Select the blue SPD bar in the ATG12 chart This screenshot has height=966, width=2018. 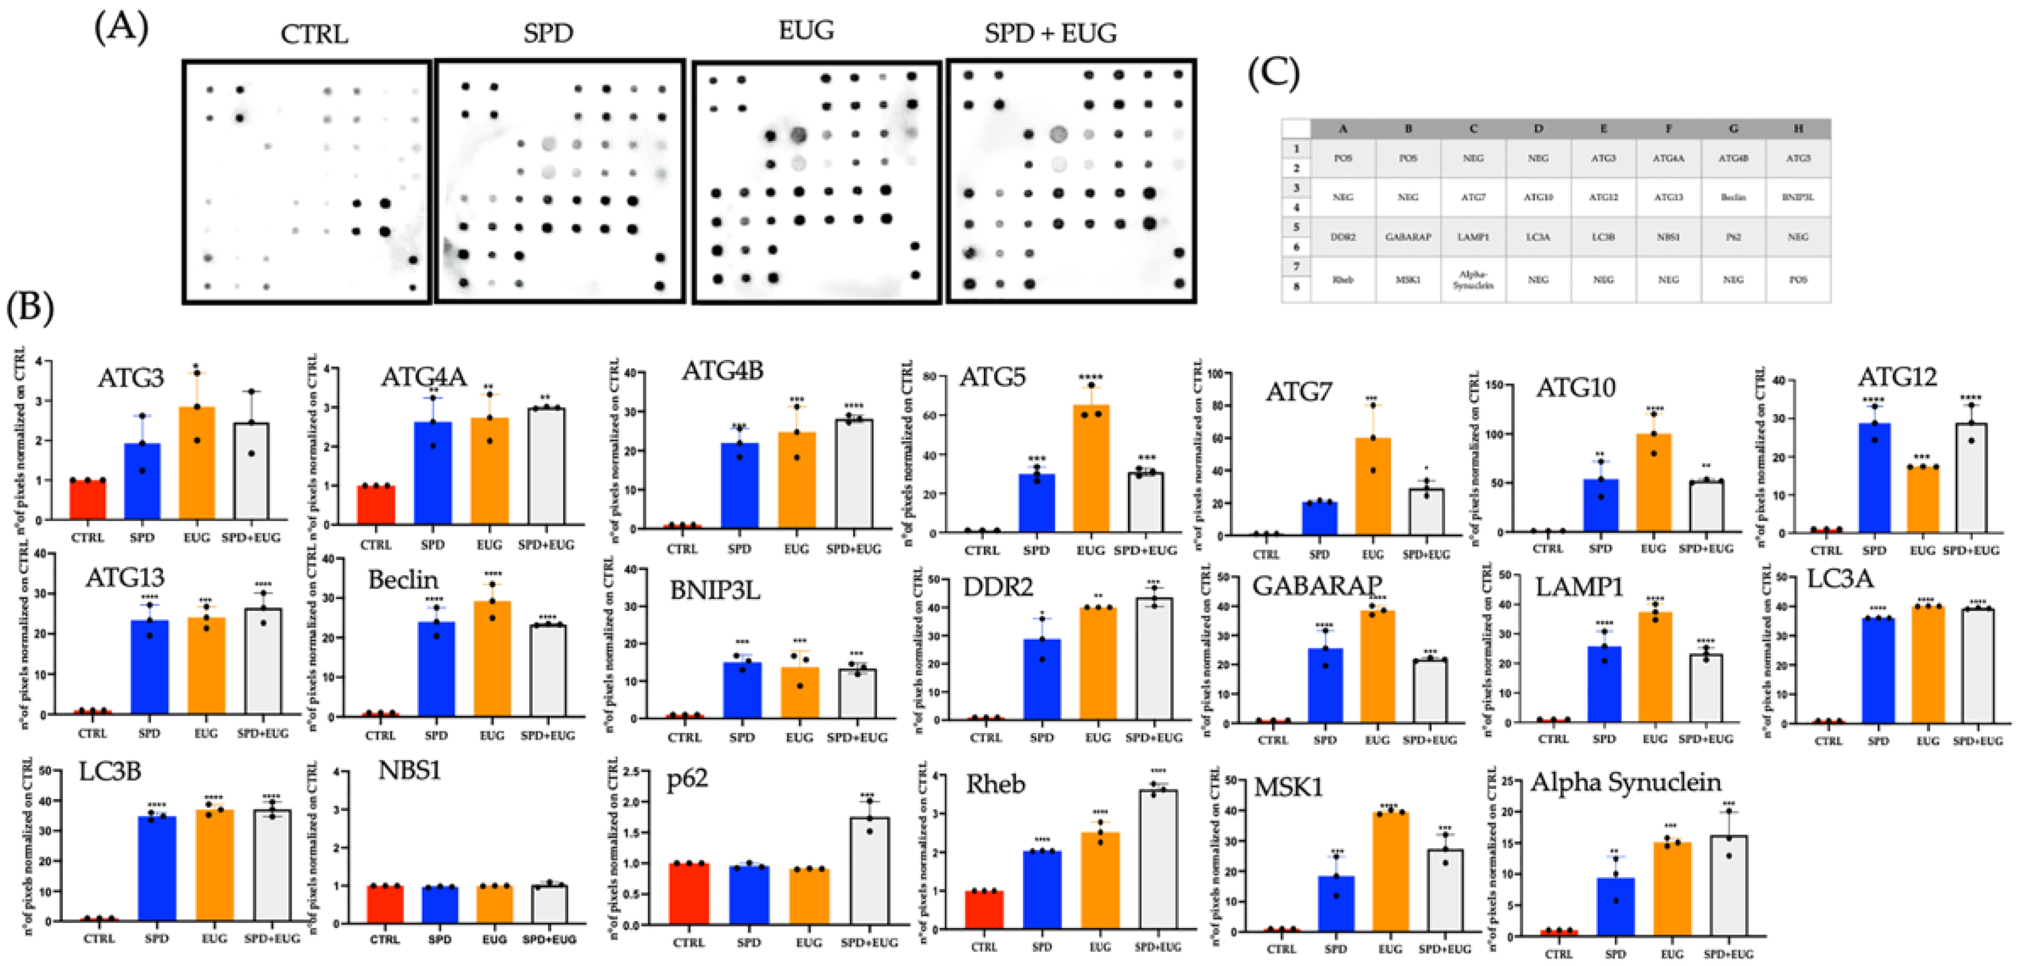[x=1874, y=478]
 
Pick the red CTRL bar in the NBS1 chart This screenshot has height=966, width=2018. [x=385, y=904]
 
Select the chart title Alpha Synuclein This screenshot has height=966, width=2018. [x=1626, y=782]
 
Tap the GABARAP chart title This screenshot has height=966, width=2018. [x=1317, y=585]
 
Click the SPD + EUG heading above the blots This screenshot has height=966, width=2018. [x=1050, y=33]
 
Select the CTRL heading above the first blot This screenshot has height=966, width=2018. [x=313, y=35]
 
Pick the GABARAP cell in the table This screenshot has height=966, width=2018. [x=1408, y=236]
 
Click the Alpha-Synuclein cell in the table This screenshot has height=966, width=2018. [x=1473, y=280]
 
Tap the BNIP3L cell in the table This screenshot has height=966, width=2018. [x=1798, y=197]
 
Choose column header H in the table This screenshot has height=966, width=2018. [x=1798, y=128]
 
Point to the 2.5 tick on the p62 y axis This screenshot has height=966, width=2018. [x=630, y=772]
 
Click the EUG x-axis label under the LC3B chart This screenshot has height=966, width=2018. [x=214, y=938]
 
